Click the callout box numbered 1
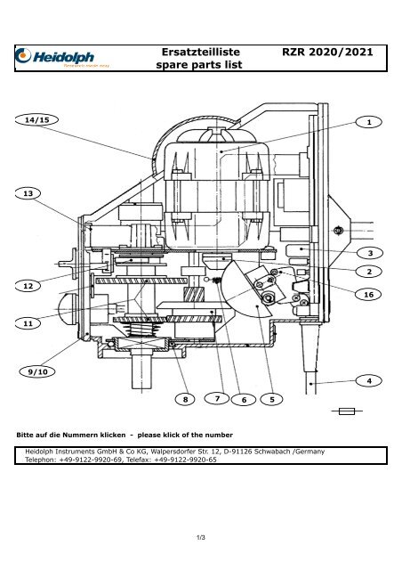[367, 120]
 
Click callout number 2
[367, 270]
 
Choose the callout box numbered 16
[367, 293]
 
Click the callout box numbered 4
[367, 381]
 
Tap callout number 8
[186, 400]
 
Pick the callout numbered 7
[216, 397]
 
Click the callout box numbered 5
[271, 400]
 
